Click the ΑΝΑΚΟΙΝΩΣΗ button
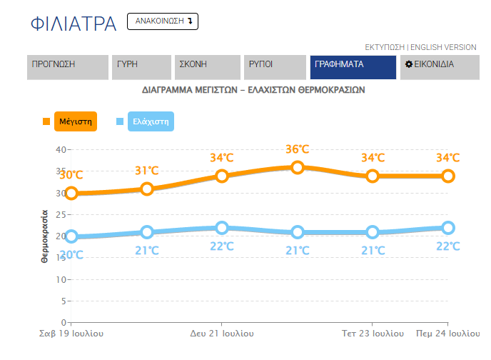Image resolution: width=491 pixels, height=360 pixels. [163, 21]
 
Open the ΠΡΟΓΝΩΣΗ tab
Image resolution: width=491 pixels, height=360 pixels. [68, 67]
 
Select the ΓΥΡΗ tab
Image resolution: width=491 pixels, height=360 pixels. [141, 67]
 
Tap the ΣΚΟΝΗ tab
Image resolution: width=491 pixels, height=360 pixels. [208, 67]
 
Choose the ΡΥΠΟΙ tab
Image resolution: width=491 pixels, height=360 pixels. [275, 67]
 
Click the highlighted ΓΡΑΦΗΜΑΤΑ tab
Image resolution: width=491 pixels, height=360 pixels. [353, 67]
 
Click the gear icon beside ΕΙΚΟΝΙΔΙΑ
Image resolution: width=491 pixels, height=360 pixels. [409, 64]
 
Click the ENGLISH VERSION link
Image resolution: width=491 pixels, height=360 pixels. [443, 47]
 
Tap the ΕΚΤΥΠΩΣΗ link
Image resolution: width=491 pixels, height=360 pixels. [385, 47]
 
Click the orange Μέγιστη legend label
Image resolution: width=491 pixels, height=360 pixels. [76, 121]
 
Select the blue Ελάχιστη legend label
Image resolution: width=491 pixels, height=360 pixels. [151, 121]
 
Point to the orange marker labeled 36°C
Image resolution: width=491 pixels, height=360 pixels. [297, 167]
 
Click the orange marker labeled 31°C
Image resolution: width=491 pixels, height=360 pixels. [147, 189]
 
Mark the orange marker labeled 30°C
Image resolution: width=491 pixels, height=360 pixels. [71, 194]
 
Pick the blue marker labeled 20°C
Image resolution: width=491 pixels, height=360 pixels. [71, 236]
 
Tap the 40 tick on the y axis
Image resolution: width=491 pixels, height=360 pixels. [61, 150]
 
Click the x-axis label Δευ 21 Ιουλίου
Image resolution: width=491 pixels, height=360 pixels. [222, 334]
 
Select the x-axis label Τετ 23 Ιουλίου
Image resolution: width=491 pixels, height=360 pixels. [373, 334]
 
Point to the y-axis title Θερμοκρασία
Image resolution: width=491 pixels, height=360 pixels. [44, 236]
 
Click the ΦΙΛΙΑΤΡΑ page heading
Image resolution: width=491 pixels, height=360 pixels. [74, 24]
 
